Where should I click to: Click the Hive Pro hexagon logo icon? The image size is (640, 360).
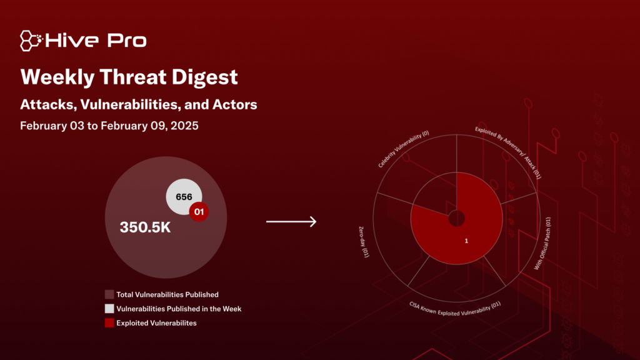coord(31,41)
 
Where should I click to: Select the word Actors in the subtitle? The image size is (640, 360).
coord(235,104)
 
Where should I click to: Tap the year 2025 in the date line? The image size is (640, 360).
coord(184,126)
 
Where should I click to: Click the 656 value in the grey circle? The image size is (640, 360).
coord(184,197)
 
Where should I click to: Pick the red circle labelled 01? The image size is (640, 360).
coord(199,212)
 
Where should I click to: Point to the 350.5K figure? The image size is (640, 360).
coord(145,227)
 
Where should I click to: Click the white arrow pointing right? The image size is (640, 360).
coord(291,222)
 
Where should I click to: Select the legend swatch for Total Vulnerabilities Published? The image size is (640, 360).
coord(109,295)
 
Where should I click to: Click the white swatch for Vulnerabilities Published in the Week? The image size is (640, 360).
coord(109,309)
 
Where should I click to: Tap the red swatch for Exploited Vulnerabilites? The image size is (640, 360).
coord(109,323)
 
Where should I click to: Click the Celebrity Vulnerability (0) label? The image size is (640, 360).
coord(403,149)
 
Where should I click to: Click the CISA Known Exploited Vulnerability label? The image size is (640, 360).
coord(455,309)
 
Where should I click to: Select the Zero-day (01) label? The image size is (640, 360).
coord(364,242)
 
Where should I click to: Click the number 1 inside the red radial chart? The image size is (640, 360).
coord(466,241)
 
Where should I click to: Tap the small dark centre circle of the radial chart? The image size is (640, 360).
coord(456,218)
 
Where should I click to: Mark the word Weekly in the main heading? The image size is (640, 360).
coord(57,77)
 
